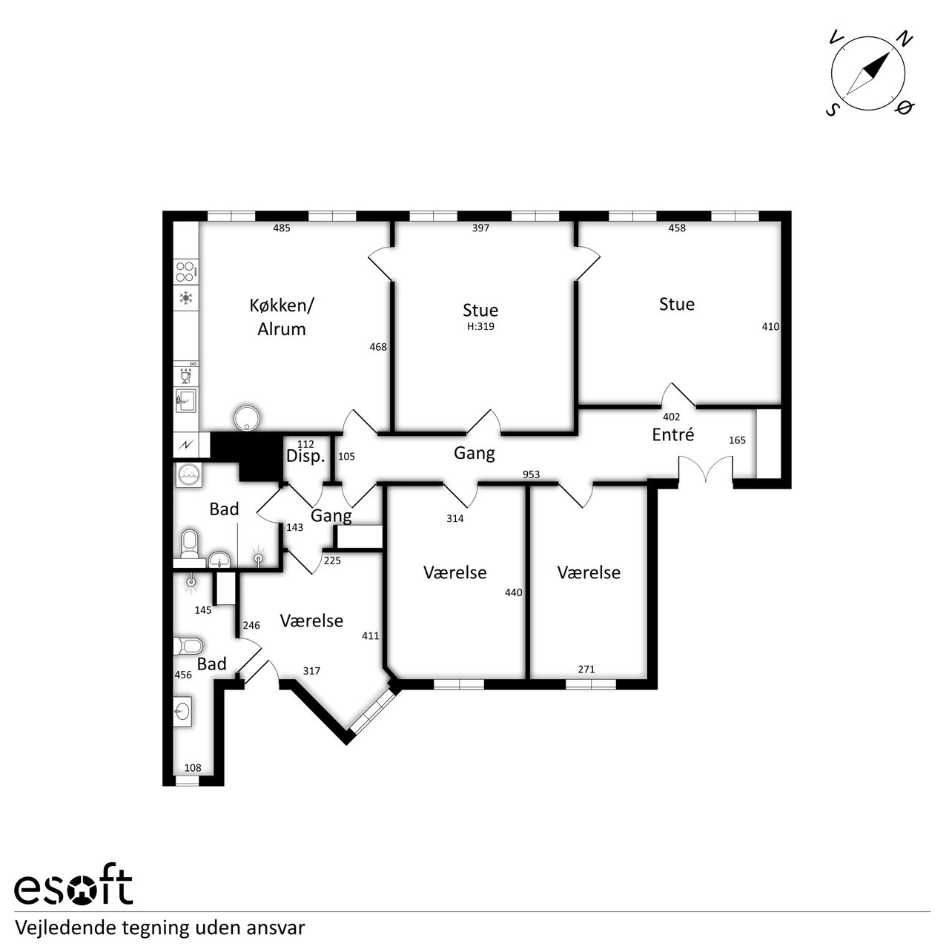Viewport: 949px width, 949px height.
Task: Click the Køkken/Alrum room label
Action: tap(282, 317)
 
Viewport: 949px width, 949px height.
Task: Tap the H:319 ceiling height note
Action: tap(480, 326)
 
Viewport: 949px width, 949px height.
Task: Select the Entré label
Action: tap(672, 434)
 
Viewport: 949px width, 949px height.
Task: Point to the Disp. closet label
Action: tap(305, 457)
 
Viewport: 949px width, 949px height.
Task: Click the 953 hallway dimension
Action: tap(532, 474)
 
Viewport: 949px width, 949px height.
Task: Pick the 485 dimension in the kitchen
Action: tap(282, 228)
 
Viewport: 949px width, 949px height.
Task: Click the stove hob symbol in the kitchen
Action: tap(186, 271)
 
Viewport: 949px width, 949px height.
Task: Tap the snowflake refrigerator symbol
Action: tap(185, 297)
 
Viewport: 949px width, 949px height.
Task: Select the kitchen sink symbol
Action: tap(185, 401)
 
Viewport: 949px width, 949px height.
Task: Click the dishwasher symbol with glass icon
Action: tap(185, 376)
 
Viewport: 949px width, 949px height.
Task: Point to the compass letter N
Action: tap(905, 39)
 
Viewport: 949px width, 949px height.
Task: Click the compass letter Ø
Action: tap(905, 107)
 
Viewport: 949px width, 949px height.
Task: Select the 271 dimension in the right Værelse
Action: tap(586, 669)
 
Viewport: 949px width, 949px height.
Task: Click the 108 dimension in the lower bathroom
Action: tap(193, 768)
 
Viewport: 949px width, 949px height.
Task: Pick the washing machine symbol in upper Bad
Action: tap(188, 475)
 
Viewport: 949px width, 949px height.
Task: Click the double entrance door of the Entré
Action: tap(706, 468)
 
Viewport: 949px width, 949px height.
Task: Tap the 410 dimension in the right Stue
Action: tap(771, 326)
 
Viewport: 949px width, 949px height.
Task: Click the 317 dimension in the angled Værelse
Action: tap(311, 671)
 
